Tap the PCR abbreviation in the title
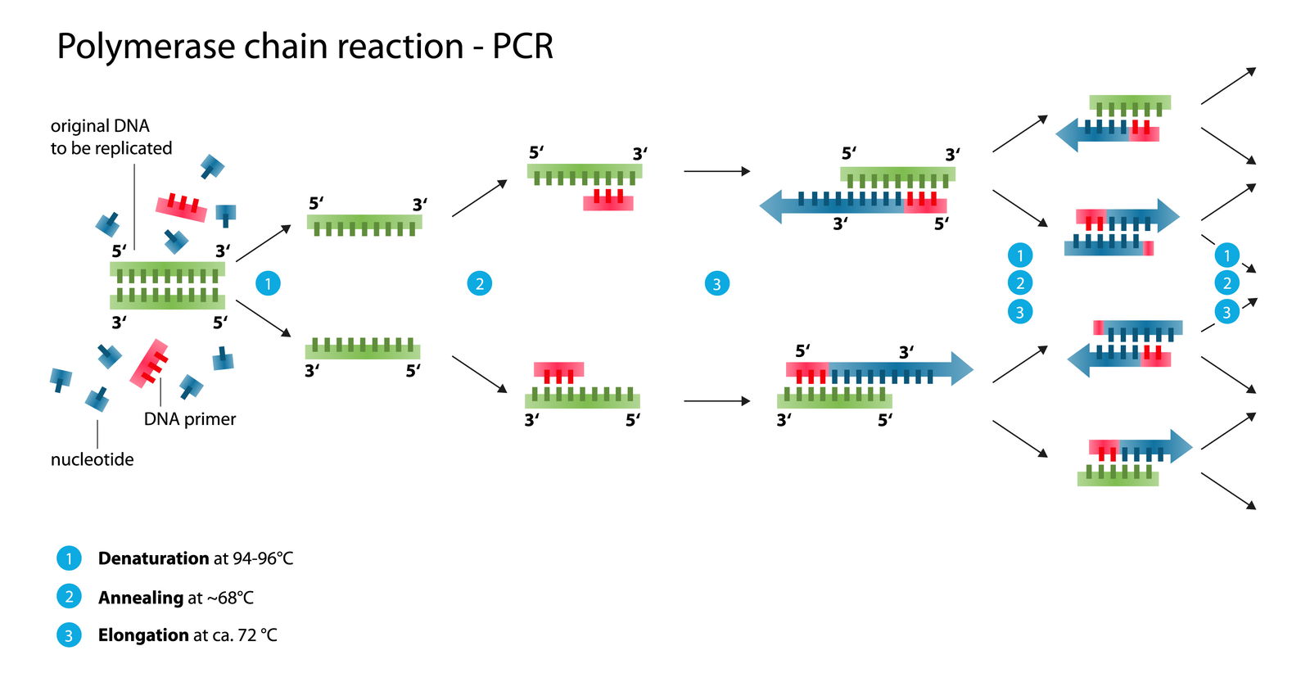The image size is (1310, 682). coord(522,47)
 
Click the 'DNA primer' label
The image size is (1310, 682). coord(189,419)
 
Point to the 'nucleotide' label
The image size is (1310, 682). coord(92,459)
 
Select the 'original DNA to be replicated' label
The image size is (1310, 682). coord(111,137)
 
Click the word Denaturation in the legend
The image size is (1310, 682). coord(153,558)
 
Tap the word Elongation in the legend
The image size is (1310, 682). coord(143,635)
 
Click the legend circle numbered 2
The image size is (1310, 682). coord(69,597)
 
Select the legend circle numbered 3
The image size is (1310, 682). coord(69,635)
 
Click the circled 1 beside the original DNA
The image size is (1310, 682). coord(268,284)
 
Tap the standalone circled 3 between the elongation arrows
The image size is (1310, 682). coord(716,284)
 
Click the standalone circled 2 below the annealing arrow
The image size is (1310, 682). coord(479,284)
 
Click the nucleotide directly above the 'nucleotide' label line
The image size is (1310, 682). coord(97,400)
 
